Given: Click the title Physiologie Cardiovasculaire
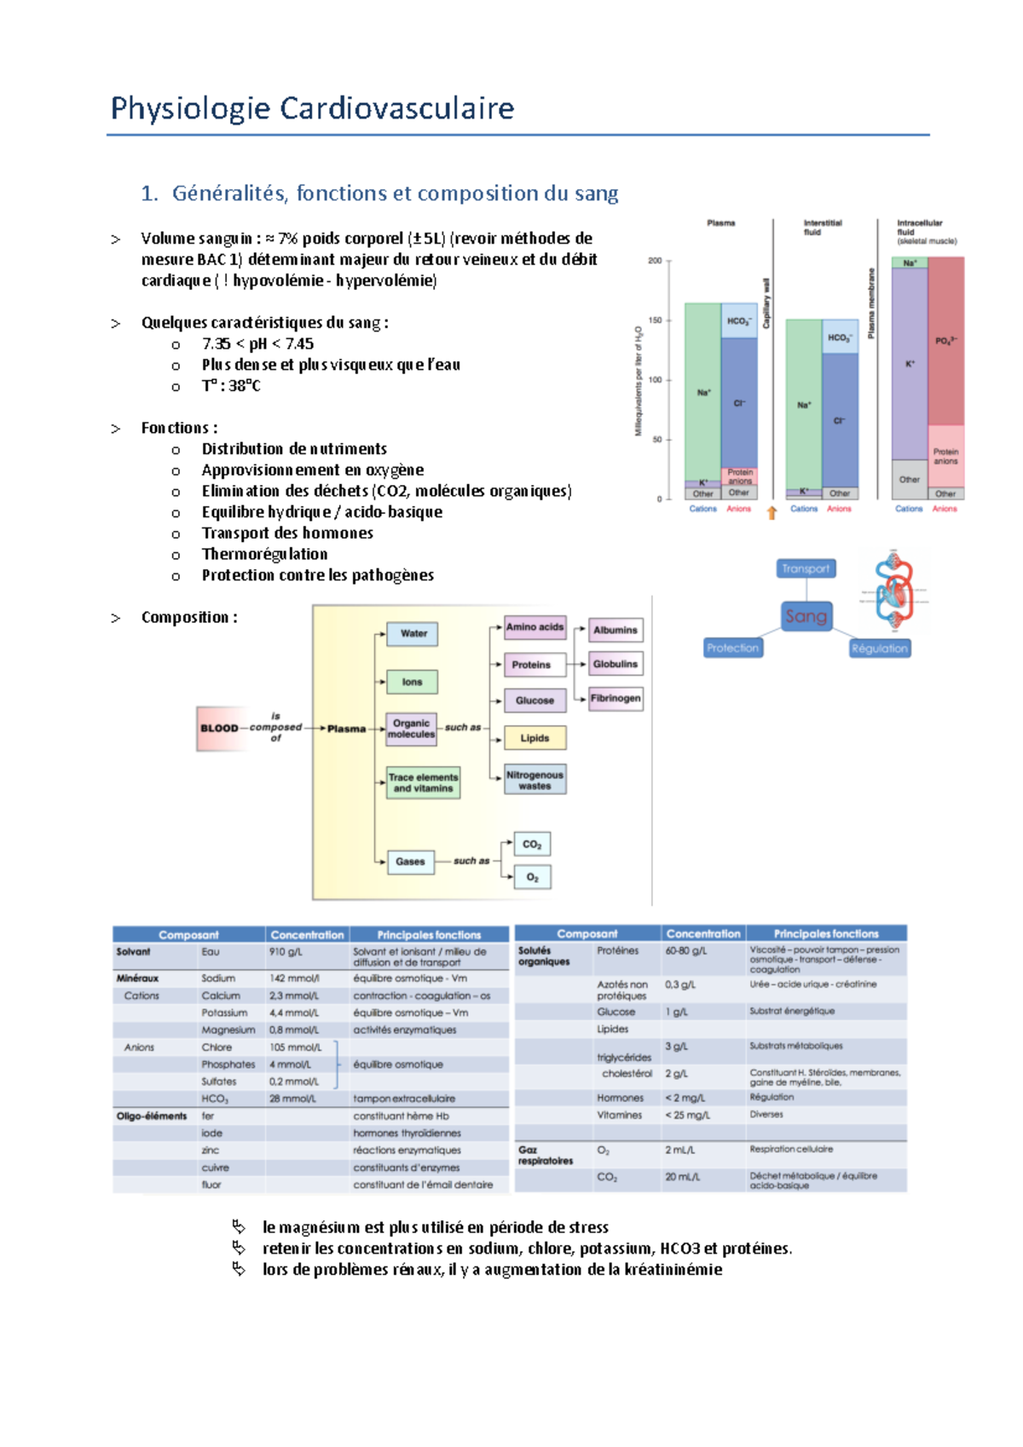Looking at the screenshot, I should click(x=312, y=108).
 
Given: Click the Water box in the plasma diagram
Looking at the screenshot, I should click(x=413, y=633).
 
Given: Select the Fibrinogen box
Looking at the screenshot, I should click(x=616, y=698).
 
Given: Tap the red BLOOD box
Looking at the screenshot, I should click(x=219, y=728).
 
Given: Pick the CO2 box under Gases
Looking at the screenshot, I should click(x=532, y=845).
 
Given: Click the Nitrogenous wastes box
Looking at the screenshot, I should click(x=535, y=780).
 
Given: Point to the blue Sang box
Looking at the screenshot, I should click(x=806, y=615).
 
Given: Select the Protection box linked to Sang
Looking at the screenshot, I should click(x=732, y=648).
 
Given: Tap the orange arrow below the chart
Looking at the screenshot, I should click(x=772, y=512).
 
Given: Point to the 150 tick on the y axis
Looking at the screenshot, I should click(x=656, y=320).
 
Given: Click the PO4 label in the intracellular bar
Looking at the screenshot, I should click(x=945, y=340).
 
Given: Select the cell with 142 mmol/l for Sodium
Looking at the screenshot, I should click(x=289, y=978).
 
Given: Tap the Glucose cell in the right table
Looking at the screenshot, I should click(x=616, y=1012).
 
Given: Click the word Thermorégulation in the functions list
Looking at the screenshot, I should click(x=264, y=554).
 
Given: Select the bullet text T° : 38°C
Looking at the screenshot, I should click(x=231, y=385).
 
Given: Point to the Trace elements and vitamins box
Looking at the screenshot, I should click(x=423, y=782).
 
